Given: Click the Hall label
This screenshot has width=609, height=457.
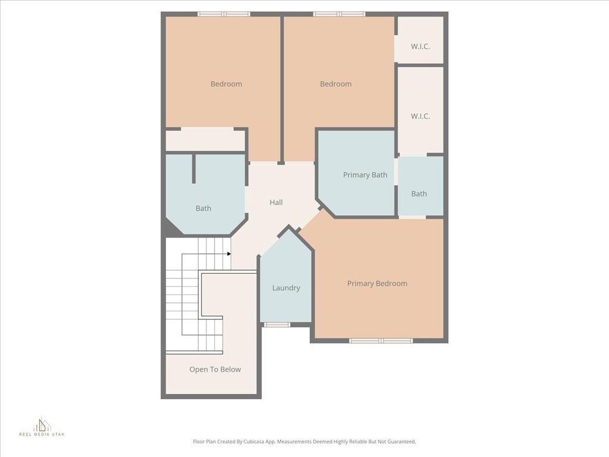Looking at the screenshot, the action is (x=276, y=202).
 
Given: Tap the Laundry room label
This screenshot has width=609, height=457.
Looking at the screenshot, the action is (x=286, y=288).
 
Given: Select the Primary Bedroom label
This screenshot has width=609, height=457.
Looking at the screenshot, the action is (x=377, y=284).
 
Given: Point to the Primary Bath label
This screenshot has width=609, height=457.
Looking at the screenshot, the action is (x=365, y=175).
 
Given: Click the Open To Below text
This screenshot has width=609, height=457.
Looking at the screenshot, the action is (x=215, y=370).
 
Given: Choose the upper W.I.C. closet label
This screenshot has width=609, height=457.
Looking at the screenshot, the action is (x=420, y=46).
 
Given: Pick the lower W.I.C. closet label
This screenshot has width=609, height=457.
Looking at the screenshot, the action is (x=420, y=116).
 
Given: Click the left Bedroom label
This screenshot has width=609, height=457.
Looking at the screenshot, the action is (x=226, y=84).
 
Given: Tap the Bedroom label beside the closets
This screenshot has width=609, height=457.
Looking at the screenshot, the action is (x=335, y=84).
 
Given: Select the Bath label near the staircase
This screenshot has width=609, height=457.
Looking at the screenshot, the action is (x=203, y=209).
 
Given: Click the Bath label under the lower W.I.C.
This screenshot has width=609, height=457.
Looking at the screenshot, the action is (x=419, y=194).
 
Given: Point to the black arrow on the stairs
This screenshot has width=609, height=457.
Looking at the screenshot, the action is (x=229, y=254).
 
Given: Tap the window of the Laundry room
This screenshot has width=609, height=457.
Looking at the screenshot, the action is (x=277, y=324).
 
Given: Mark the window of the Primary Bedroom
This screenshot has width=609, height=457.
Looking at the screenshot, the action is (x=381, y=341).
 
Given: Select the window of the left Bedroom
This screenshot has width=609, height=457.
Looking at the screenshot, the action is (x=224, y=14).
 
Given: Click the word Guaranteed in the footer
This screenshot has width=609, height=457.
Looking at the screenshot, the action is (x=403, y=442).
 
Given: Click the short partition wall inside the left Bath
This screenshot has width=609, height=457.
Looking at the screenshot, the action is (x=193, y=168).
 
